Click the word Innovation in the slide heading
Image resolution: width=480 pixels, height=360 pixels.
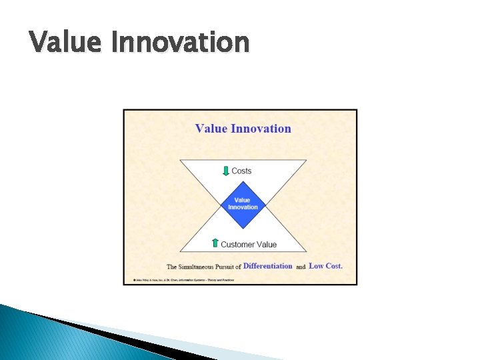[x=180, y=43]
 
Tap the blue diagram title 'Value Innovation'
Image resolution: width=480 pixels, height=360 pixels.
[x=243, y=128]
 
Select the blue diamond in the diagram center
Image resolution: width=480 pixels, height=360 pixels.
[x=243, y=203]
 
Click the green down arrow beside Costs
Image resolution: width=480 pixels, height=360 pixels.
[x=225, y=171]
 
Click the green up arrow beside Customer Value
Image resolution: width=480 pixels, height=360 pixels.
[x=215, y=243]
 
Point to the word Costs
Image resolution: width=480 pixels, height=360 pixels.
[x=241, y=171]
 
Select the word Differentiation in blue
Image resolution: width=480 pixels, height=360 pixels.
[x=267, y=266]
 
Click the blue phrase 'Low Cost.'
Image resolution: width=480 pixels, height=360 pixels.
[x=325, y=266]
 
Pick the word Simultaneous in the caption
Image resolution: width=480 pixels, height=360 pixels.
[x=205, y=267]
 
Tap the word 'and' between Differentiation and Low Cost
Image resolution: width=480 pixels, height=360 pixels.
[x=301, y=267]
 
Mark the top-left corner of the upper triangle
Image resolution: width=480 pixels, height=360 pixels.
[x=179, y=160]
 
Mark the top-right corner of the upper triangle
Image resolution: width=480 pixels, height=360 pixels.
[x=307, y=160]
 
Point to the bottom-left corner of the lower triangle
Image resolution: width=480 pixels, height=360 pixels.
[x=179, y=252]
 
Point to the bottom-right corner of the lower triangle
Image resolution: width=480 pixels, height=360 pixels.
[x=307, y=252]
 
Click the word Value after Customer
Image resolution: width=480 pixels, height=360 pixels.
[x=267, y=245]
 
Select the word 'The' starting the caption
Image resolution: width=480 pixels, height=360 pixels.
[x=171, y=267]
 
